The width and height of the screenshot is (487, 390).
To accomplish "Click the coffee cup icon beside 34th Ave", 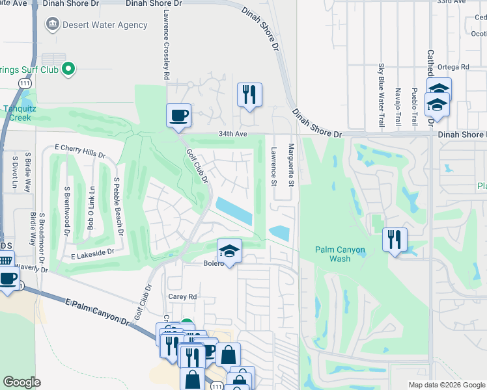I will click(x=178, y=116).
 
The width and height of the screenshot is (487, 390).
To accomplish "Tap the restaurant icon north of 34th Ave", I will click(x=249, y=95).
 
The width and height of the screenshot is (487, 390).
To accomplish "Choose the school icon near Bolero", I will click(x=229, y=250).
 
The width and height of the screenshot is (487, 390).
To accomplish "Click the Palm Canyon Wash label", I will click(x=340, y=254).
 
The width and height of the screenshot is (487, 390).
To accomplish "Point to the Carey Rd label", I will click(x=182, y=296).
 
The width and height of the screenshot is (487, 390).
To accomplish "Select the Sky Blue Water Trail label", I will click(x=382, y=95).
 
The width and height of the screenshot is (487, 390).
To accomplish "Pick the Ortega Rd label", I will click(x=454, y=67).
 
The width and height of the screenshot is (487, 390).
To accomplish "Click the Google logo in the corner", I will click(x=21, y=382).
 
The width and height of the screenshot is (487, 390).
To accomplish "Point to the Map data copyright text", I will click(x=446, y=385).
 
